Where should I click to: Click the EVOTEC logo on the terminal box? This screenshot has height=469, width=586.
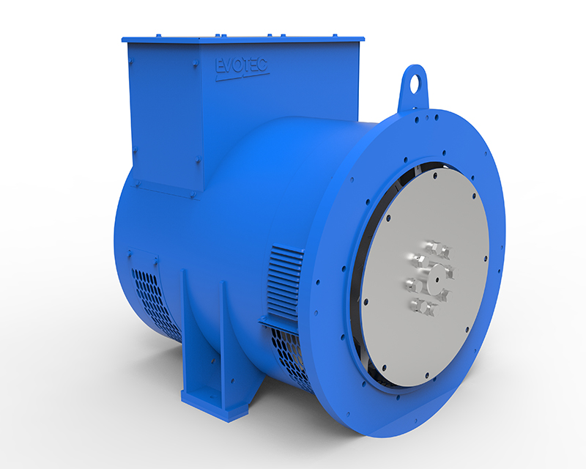pyautogui.click(x=242, y=67)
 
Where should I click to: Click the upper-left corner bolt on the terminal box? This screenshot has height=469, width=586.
pyautogui.click(x=134, y=49)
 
